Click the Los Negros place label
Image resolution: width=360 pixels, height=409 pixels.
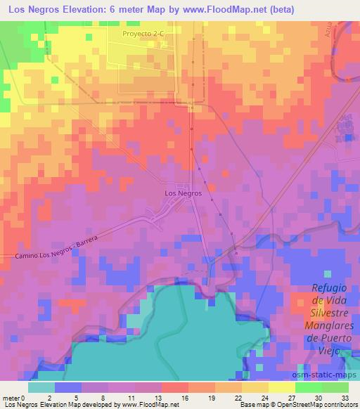183,193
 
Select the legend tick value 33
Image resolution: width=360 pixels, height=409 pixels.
346,397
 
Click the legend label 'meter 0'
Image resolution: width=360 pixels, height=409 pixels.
14,397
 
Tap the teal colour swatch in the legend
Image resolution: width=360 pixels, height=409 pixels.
41,387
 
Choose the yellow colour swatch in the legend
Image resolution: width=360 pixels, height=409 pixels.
281,387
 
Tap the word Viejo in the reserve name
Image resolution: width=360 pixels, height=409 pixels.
328,350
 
